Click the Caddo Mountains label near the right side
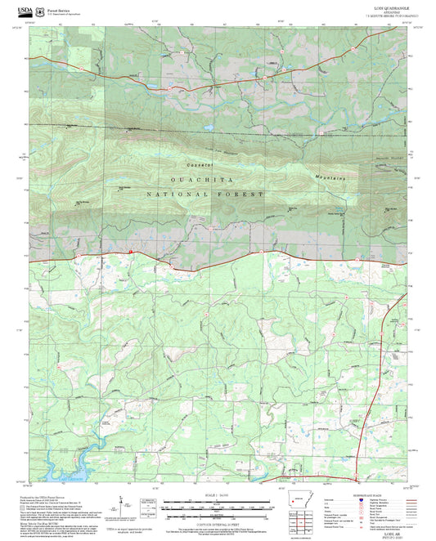pos(337,177)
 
